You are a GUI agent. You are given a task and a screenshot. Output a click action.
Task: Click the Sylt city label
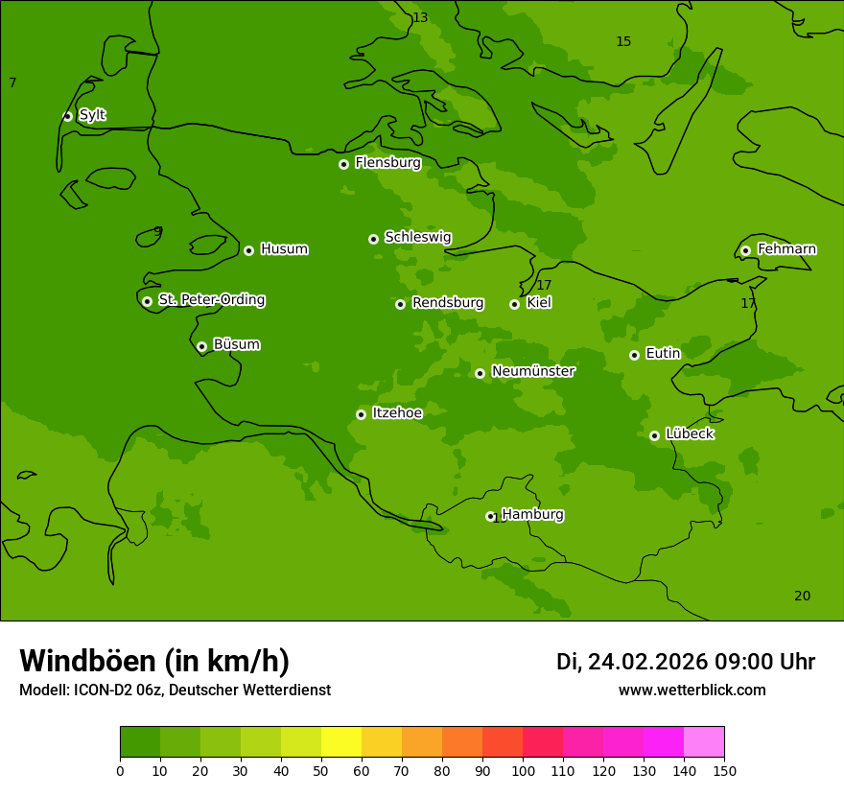coord(92,115)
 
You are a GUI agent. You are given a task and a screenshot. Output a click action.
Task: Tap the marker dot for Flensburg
coord(343,164)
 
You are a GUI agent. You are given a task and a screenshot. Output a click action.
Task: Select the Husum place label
coord(284,249)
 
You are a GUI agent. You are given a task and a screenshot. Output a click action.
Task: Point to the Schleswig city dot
coord(373,239)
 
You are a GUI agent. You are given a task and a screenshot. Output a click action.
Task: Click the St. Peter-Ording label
coord(211,300)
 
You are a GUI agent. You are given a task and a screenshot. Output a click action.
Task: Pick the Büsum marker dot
coord(201,346)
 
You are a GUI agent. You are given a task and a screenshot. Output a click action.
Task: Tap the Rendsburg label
coord(448,303)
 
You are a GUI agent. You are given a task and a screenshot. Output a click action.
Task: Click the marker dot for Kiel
coord(514,304)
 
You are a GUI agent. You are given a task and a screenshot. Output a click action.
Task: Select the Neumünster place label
coord(533,371)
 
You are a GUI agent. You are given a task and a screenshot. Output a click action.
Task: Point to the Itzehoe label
coord(397,413)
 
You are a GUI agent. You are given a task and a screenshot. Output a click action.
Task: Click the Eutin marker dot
coord(634,355)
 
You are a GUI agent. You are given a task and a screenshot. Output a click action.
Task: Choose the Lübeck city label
coord(690,433)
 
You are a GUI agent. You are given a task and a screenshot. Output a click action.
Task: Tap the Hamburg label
coord(532,515)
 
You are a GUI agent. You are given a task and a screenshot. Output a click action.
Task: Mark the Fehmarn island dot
coord(745,250)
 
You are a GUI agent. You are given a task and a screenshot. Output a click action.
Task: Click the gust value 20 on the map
coord(802,596)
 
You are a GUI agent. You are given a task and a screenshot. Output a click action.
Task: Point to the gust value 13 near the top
coord(420,18)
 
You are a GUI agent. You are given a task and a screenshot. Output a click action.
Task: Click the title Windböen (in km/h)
coord(154,661)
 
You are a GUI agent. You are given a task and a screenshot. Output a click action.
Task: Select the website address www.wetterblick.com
coord(692,690)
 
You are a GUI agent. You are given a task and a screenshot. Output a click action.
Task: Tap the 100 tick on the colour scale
coord(523,770)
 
